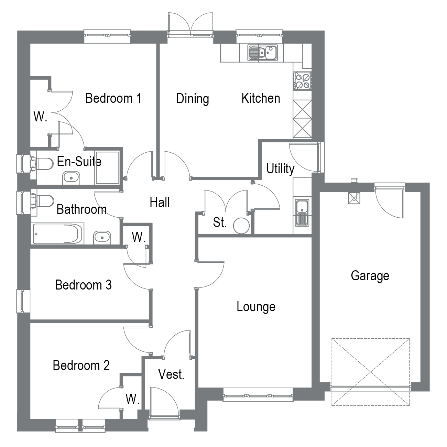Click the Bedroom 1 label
[113, 98]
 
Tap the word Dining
[192, 99]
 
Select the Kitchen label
[261, 98]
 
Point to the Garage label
[370, 275]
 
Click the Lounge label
[256, 306]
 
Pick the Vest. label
[171, 374]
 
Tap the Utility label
[280, 169]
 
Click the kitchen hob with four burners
[302, 81]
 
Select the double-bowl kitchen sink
[263, 53]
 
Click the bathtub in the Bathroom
[58, 234]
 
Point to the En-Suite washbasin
[71, 178]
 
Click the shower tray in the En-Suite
[107, 167]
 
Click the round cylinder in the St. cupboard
[241, 226]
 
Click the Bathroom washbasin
[102, 237]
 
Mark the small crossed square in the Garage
[354, 198]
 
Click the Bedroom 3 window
[23, 301]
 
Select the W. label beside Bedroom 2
[132, 399]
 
